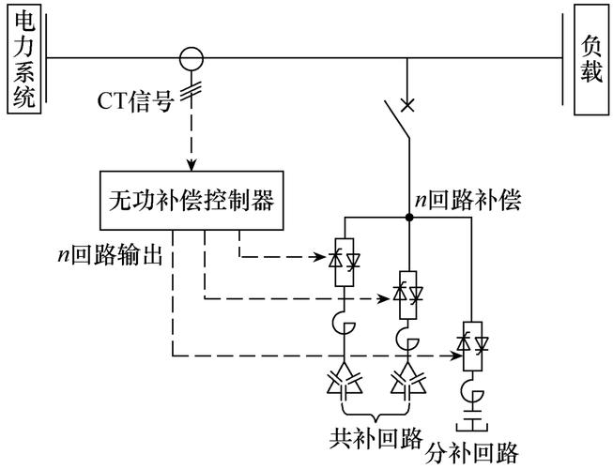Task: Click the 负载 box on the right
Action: pyautogui.click(x=590, y=59)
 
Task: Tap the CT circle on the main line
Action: pyautogui.click(x=192, y=58)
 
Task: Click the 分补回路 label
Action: pyautogui.click(x=474, y=454)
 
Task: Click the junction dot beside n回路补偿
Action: pyautogui.click(x=408, y=218)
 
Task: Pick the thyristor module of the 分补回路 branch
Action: pyautogui.click(x=470, y=343)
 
